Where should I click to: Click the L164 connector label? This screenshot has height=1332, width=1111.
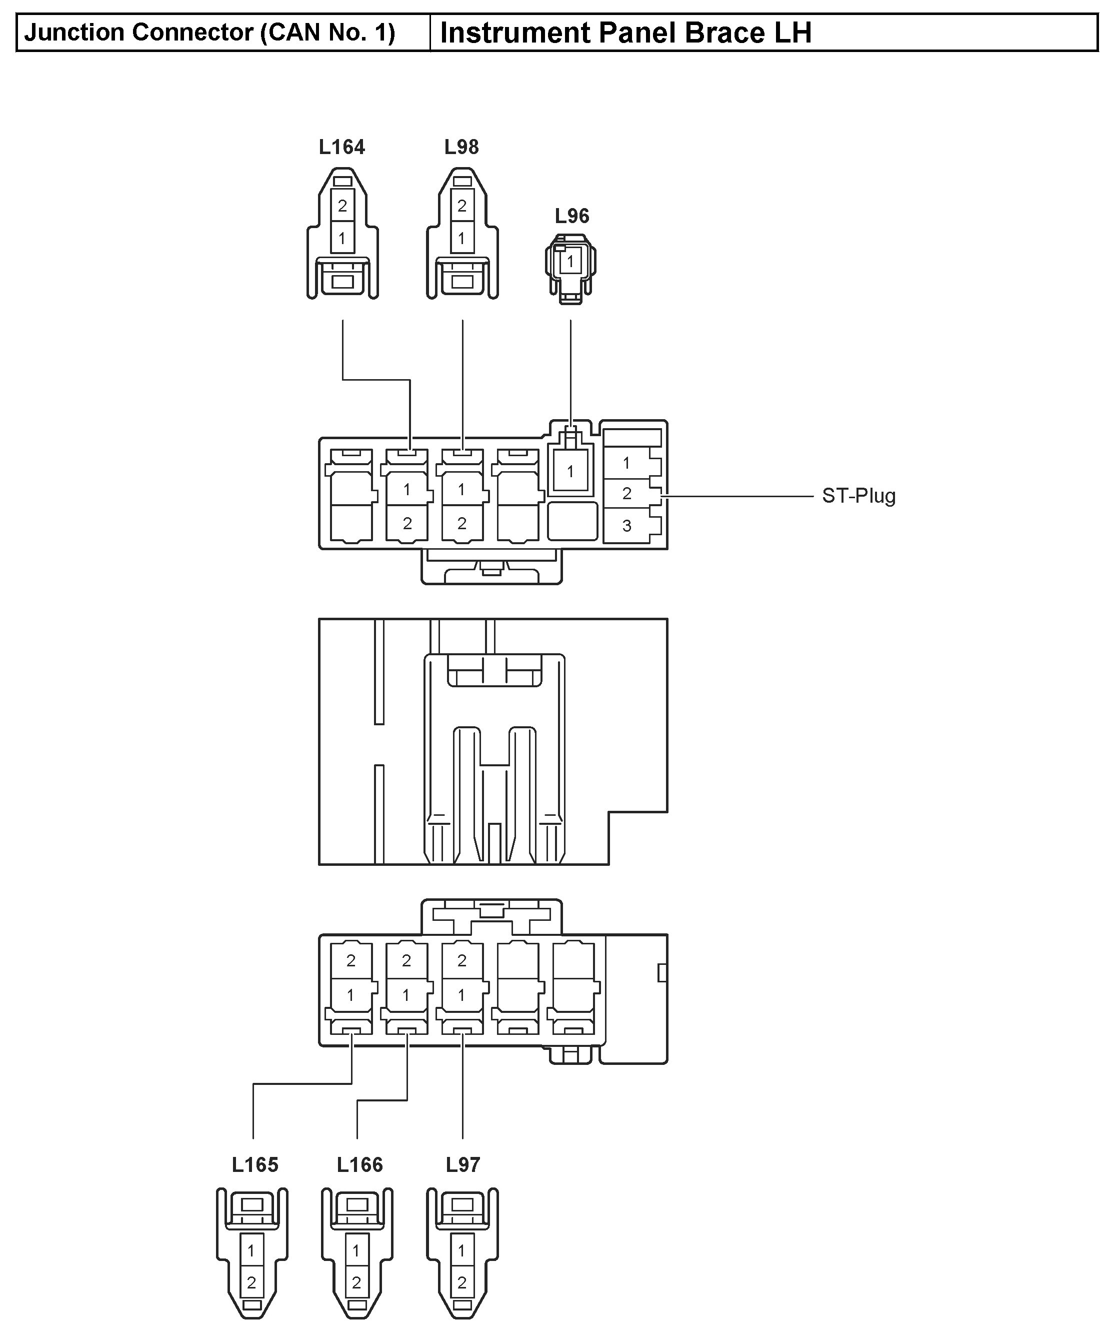tap(342, 147)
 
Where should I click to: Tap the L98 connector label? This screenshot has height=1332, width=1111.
tap(461, 147)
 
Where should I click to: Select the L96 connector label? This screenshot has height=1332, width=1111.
tap(571, 216)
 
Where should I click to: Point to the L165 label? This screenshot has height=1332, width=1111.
tap(255, 1164)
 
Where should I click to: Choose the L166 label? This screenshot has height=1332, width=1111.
tap(359, 1164)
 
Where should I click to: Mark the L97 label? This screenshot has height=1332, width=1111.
tap(463, 1164)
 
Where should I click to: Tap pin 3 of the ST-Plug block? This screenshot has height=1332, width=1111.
tap(626, 526)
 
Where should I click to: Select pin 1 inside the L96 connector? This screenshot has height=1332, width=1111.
tap(570, 261)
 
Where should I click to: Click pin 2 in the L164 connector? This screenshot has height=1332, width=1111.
tap(342, 206)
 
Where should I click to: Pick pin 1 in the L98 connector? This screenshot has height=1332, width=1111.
tap(461, 239)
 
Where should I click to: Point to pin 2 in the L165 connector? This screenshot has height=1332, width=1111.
tap(251, 1282)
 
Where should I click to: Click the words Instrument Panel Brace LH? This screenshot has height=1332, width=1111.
tap(625, 33)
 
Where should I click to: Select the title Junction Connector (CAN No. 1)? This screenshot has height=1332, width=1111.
tap(210, 33)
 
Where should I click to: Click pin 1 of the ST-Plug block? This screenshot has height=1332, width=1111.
tap(626, 463)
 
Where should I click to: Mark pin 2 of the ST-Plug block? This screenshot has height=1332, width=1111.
tap(626, 494)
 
